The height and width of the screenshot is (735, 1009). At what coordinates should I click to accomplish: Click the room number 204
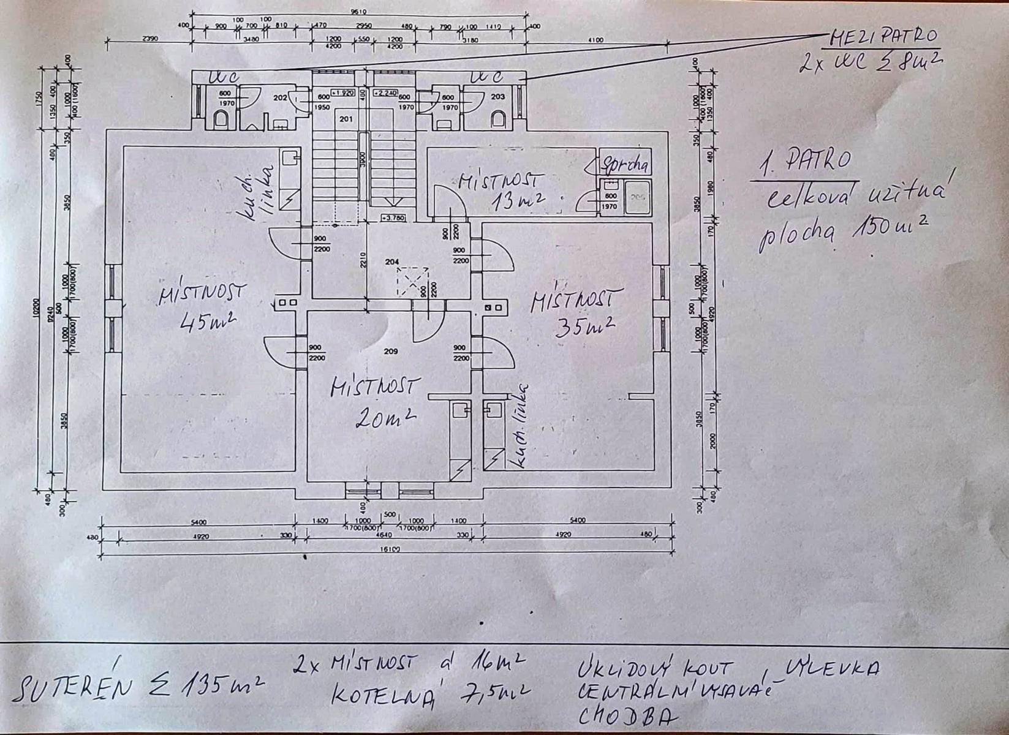coord(391,262)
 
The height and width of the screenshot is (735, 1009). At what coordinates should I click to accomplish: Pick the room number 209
coord(390,352)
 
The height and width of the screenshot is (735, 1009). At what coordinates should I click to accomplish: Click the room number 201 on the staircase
coord(346,119)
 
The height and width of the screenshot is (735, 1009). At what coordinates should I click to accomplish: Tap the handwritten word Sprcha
coord(624,164)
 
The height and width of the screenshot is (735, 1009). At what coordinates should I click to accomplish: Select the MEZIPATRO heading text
coord(883,37)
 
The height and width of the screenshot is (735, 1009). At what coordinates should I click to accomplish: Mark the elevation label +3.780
coord(393,217)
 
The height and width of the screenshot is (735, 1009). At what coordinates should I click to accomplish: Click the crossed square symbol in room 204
coord(412,282)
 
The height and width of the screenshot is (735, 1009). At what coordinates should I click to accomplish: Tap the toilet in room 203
coord(498,120)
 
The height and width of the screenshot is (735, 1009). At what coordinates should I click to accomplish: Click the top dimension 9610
coord(358,11)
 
